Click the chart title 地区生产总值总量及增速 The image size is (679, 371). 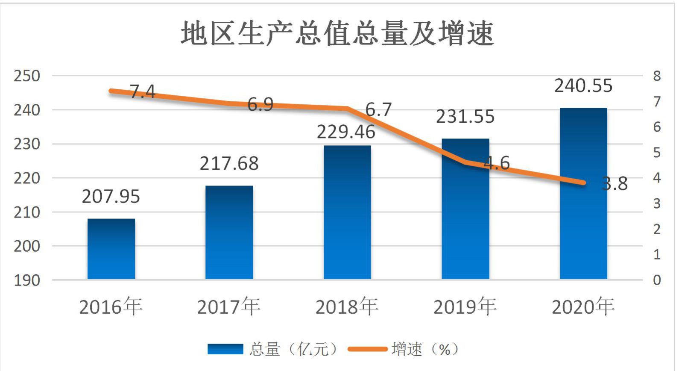[338, 33]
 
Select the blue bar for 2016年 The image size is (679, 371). [111, 249]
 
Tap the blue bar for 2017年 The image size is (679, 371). [229, 233]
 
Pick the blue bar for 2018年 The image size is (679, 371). [347, 212]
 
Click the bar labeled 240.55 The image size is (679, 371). [583, 194]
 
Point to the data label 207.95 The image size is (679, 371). [111, 197]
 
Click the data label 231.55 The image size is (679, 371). [465, 117]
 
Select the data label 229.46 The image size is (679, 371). [346, 132]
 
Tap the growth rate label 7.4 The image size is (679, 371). [143, 91]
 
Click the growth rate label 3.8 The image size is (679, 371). [615, 184]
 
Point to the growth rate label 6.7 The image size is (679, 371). [379, 109]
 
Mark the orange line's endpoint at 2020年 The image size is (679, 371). [583, 183]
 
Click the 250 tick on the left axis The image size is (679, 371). [26, 76]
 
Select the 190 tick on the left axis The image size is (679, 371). [26, 281]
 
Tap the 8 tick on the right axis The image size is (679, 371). [657, 76]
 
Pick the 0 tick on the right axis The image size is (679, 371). [657, 280]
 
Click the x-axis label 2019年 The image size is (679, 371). [465, 306]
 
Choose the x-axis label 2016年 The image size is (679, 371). [111, 306]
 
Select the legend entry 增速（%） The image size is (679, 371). [404, 349]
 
